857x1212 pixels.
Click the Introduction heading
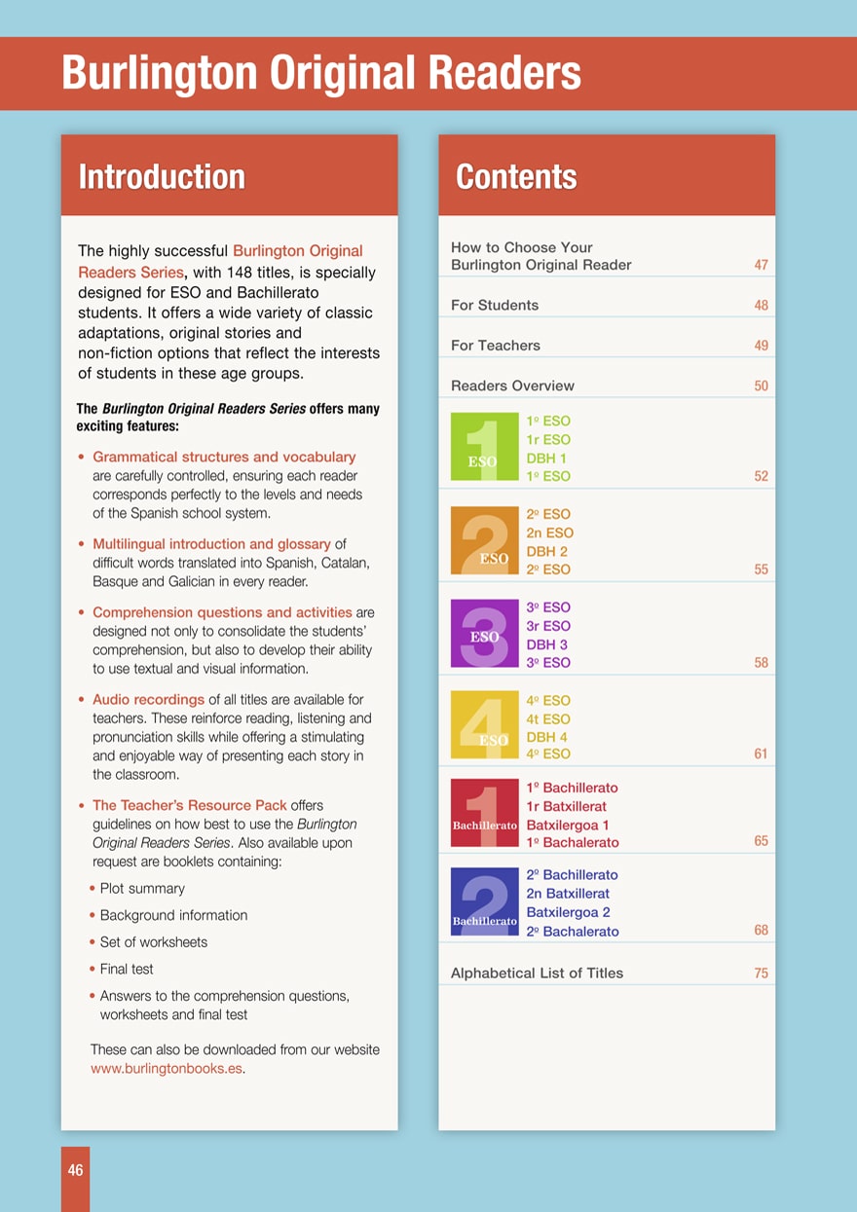[x=162, y=177]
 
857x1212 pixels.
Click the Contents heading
[x=516, y=177]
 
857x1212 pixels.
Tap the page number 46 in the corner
[x=75, y=1171]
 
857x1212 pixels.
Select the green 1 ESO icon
[x=485, y=448]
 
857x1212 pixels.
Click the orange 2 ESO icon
[x=485, y=540]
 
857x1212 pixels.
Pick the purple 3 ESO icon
[x=485, y=634]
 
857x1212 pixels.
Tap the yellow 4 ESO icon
[x=485, y=725]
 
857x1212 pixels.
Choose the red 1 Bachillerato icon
[x=485, y=814]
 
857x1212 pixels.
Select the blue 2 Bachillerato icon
[x=485, y=901]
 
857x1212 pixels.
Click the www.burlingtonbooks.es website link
[x=166, y=1068]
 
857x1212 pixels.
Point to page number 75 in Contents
[x=761, y=973]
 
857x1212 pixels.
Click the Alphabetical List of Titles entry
[x=537, y=973]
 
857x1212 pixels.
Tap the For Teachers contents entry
[x=495, y=346]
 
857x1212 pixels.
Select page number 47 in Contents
[x=761, y=265]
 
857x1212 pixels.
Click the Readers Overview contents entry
[x=512, y=386]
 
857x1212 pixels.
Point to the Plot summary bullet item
[x=142, y=889]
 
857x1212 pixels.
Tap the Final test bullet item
[x=127, y=970]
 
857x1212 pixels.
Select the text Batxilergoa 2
[x=568, y=912]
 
